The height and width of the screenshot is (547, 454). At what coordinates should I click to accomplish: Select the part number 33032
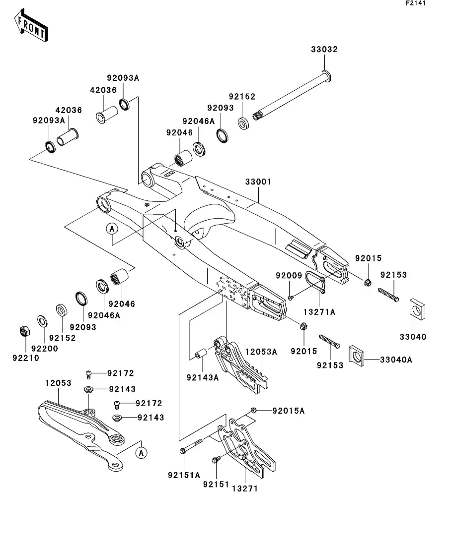324,50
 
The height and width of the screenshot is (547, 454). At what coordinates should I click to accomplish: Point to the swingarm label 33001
258,182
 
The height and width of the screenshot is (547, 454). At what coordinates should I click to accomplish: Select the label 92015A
288,411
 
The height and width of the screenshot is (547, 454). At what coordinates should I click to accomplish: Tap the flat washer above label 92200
43,321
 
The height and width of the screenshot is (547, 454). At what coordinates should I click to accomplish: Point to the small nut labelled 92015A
253,410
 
